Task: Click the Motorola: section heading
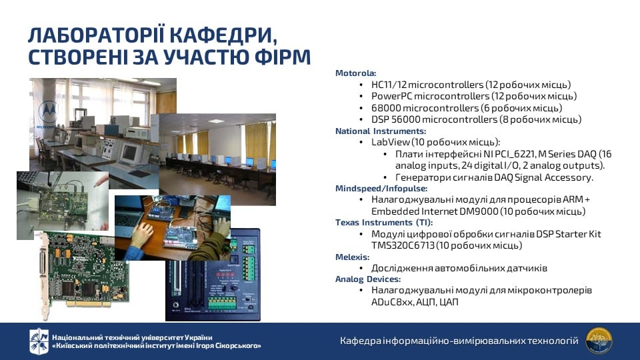[355, 73]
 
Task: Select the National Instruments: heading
[381, 131]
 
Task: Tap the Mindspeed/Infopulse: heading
[381, 189]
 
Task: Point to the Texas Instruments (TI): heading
[384, 223]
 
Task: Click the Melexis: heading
[352, 257]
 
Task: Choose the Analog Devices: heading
[368, 279]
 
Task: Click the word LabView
[390, 142]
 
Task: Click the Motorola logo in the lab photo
[47, 112]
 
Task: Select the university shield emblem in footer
[39, 341]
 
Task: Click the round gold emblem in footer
[599, 341]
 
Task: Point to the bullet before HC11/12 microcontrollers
[361, 85]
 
